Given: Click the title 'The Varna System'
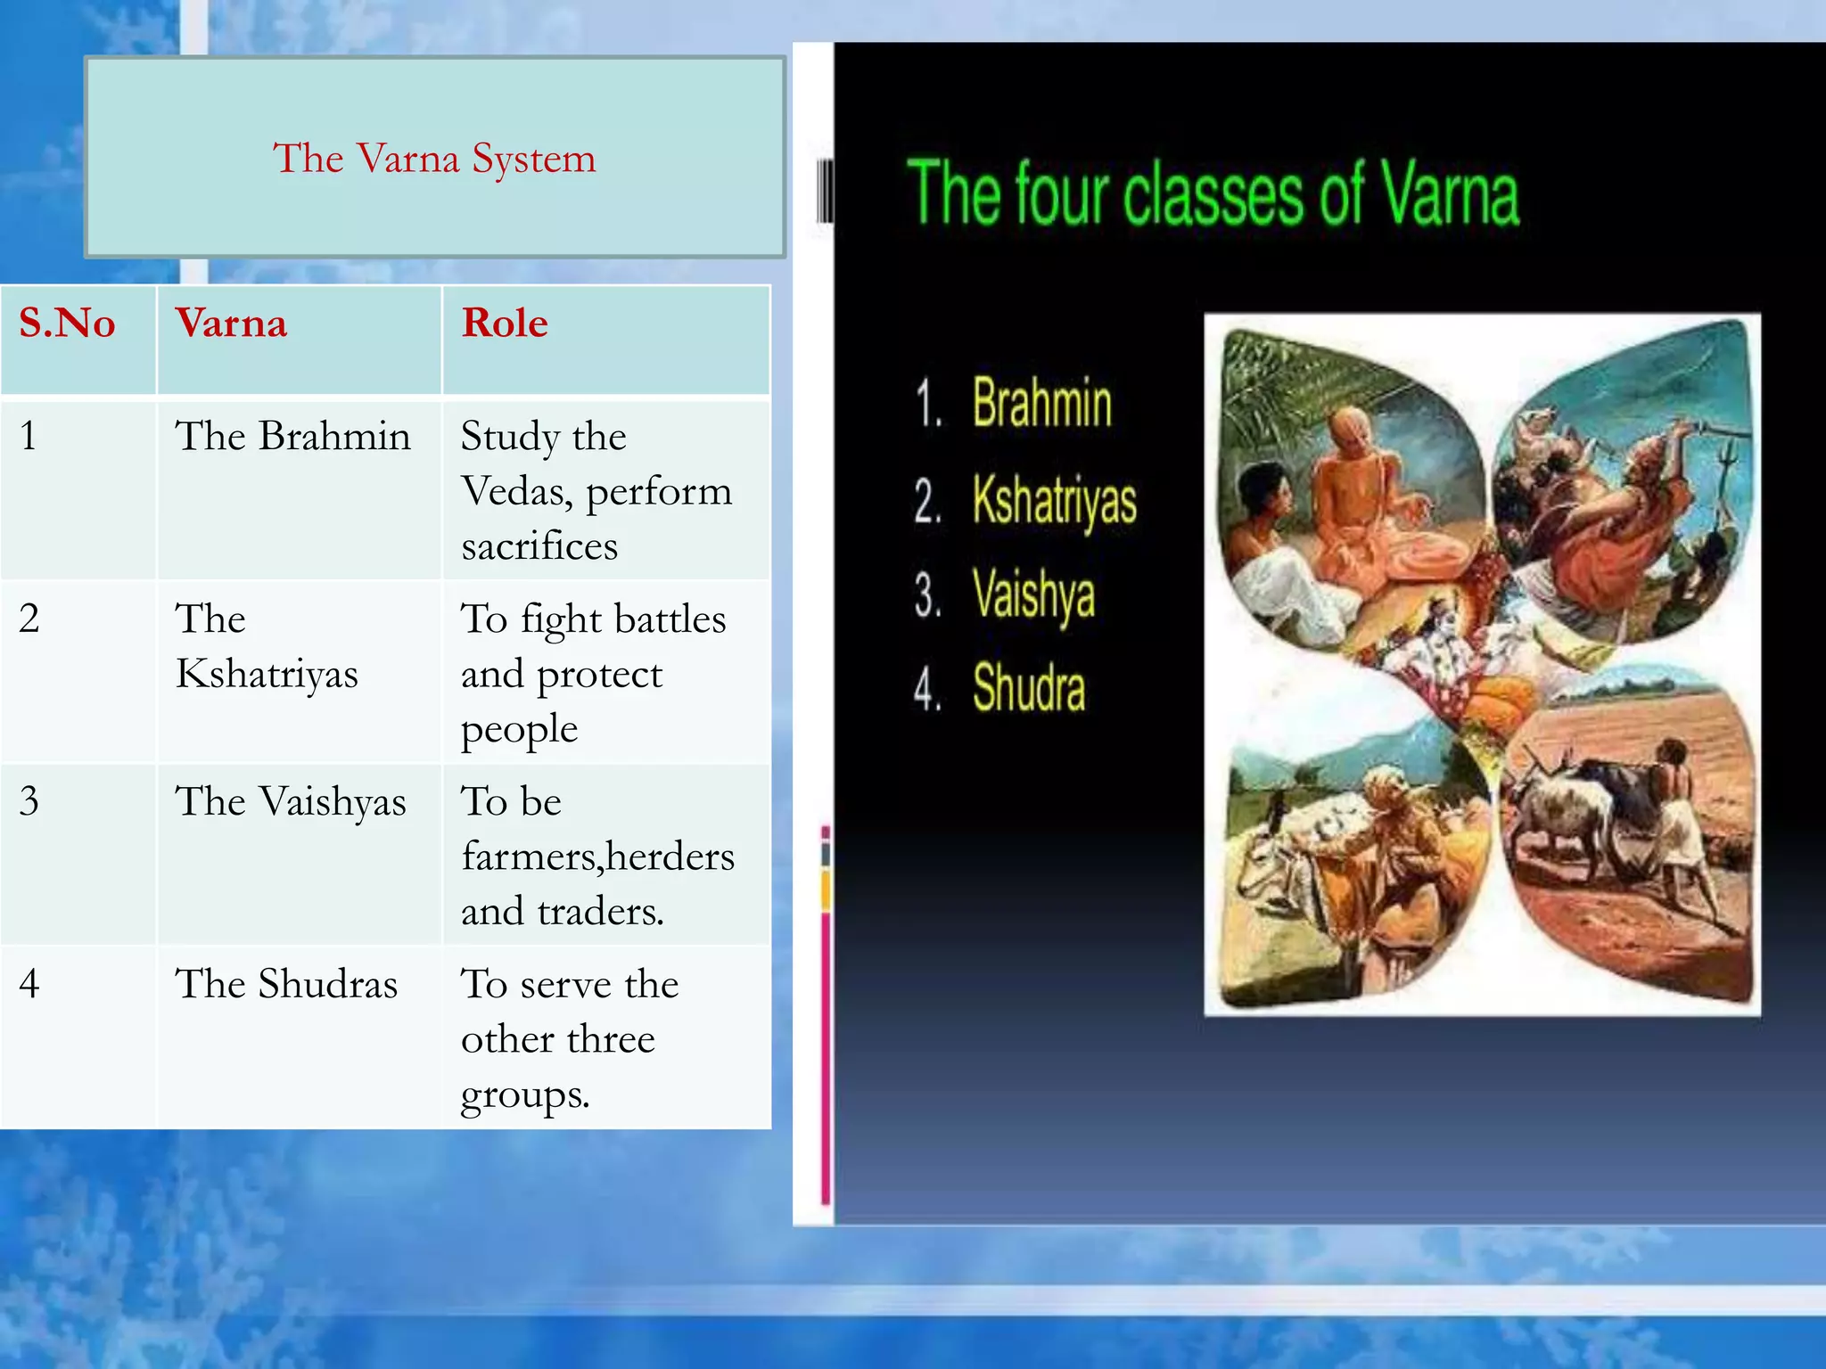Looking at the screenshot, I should coord(434,159).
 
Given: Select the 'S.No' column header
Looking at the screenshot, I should coord(67,323).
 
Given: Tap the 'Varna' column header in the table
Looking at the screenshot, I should coord(231,323).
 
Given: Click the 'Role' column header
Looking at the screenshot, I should coord(505,323).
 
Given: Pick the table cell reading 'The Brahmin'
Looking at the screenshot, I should coord(292,437).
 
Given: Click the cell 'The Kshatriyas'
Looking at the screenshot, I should coord(266,646).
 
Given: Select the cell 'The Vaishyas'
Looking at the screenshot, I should coord(291,801).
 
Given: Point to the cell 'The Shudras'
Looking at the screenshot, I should coord(286,984).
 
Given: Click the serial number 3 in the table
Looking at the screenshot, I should coord(29,800).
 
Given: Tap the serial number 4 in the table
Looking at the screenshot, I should coord(29,983).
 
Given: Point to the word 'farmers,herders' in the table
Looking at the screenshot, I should coord(597,857).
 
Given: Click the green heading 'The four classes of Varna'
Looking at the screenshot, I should coord(1213,194).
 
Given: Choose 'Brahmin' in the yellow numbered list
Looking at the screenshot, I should coord(1041,403).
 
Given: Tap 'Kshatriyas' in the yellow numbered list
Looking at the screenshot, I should coord(1054,500).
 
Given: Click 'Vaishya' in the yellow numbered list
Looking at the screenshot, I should coord(1033,594).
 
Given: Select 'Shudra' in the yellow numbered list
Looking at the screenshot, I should coord(1029,688).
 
